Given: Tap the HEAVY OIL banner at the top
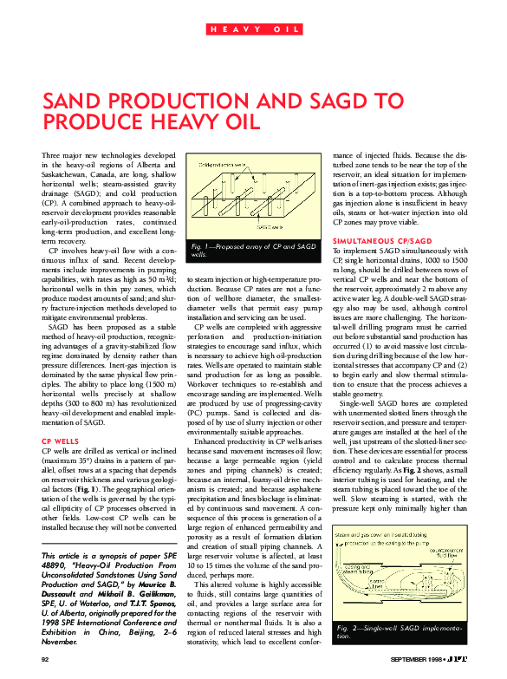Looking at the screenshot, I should pos(254,29).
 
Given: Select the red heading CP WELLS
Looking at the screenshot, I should pos(62,441).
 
